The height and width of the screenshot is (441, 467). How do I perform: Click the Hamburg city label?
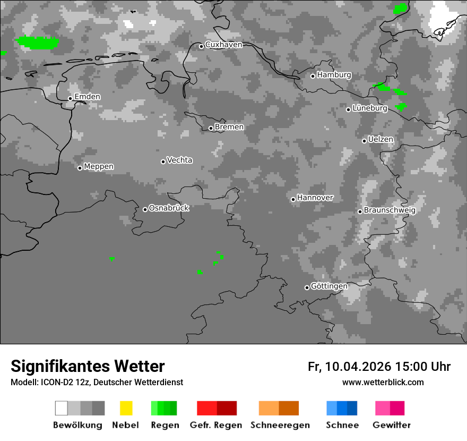[334, 75]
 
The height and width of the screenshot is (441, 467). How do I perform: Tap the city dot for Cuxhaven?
[201, 46]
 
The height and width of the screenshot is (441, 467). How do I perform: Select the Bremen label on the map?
[229, 127]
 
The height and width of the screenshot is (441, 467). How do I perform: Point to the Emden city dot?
[70, 98]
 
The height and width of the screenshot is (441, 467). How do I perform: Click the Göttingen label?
[329, 286]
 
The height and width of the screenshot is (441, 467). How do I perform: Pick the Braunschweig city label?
[390, 210]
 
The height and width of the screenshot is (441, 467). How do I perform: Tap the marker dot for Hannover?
[293, 199]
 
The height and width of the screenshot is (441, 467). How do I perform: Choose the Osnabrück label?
[169, 208]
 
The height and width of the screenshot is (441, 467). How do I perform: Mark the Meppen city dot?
[80, 168]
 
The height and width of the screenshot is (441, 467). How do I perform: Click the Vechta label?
[179, 160]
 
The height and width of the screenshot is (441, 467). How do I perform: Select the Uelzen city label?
[380, 140]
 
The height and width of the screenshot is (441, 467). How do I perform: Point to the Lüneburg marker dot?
[348, 109]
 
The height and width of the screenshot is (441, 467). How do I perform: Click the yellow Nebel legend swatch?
[126, 408]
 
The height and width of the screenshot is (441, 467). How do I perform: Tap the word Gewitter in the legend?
[391, 425]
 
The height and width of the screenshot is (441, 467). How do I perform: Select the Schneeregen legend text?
[280, 425]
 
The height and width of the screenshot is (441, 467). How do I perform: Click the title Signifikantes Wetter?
[88, 366]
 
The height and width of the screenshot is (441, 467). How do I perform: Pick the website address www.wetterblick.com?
[383, 382]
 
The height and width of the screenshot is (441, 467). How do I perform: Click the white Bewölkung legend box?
[61, 408]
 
